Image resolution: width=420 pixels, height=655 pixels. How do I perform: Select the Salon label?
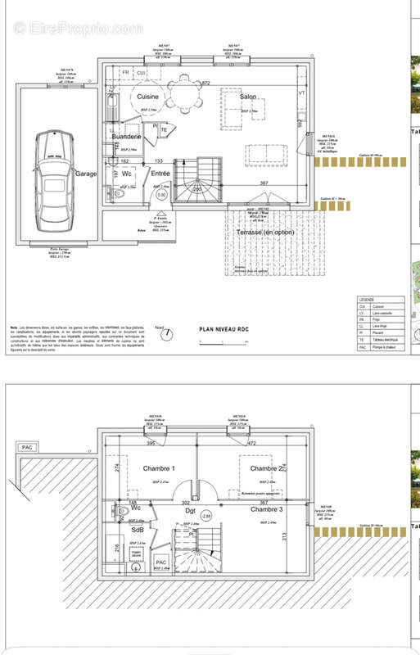pos(249,97)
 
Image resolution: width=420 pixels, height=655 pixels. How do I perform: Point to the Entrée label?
pos(160,174)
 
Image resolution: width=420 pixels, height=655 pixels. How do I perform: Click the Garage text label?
pos(87,174)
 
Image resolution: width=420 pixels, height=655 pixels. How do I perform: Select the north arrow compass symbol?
pos(167,333)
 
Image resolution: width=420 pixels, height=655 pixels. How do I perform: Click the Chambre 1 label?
pos(160,468)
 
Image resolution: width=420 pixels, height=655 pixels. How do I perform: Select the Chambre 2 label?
pos(267,468)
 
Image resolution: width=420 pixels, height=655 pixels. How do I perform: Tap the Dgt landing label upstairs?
pos(191,510)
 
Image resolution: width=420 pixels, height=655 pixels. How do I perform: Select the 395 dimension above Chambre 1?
pos(150,443)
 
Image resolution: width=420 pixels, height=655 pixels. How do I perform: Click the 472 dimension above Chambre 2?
pos(251,443)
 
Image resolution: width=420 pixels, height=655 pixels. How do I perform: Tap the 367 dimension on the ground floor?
pos(264,183)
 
